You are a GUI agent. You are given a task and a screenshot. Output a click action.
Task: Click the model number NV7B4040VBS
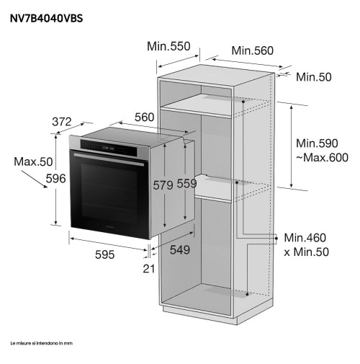[46, 19]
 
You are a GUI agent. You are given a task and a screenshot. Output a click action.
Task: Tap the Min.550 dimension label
[168, 46]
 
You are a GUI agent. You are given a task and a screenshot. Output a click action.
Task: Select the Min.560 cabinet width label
[252, 50]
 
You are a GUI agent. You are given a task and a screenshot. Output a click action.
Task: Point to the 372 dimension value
[62, 122]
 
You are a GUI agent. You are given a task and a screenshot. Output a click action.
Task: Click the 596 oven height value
[55, 179]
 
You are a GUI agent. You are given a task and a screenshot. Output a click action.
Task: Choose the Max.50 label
[33, 161]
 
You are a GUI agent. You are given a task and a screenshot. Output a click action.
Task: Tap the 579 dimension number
[163, 185]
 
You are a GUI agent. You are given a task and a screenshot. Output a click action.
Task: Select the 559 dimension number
[186, 184]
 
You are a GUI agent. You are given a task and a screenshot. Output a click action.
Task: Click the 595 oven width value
[104, 254]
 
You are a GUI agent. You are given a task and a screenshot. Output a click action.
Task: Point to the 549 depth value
[180, 250]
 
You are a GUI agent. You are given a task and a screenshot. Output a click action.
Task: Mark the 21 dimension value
[149, 269]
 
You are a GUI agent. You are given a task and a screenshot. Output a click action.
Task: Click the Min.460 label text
[305, 238]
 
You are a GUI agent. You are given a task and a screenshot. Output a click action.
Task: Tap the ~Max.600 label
[322, 158]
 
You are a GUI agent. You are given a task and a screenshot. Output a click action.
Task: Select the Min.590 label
[317, 143]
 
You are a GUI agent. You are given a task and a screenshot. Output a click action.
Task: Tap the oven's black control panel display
[109, 148]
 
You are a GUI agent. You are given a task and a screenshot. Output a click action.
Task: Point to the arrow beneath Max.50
[35, 179]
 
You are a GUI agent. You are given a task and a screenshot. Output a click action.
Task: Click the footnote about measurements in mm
[41, 343]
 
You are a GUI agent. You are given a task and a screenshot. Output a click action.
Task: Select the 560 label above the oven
[144, 117]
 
